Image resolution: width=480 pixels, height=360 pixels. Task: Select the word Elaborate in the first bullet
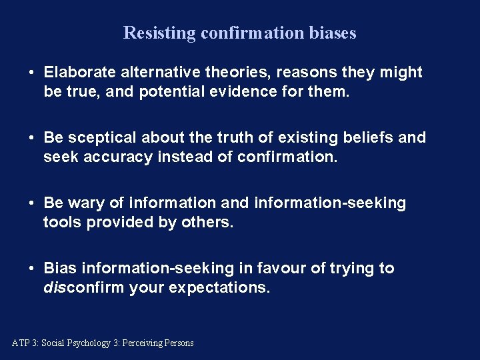coord(79,72)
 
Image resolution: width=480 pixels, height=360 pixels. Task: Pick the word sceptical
coord(99,138)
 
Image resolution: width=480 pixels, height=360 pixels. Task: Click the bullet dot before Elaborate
coord(31,72)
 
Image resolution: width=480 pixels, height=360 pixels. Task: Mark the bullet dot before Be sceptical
coord(31,138)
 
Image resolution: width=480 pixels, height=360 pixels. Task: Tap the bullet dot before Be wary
coord(31,203)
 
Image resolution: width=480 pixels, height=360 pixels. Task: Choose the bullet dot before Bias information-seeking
coord(31,269)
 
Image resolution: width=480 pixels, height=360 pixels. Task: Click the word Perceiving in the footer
coord(144,343)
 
